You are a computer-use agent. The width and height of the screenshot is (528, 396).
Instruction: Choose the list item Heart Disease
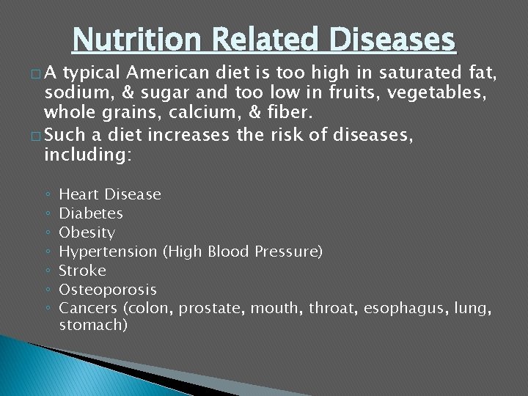(x=109, y=194)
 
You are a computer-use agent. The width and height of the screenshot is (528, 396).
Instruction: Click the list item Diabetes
(x=91, y=213)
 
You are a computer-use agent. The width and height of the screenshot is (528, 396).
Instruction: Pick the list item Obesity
(x=87, y=232)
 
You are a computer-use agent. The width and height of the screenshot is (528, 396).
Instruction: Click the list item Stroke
(x=82, y=271)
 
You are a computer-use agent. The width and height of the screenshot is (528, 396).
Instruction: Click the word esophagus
(x=408, y=309)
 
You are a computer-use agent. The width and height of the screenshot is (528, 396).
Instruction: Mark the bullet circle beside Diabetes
(x=47, y=214)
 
